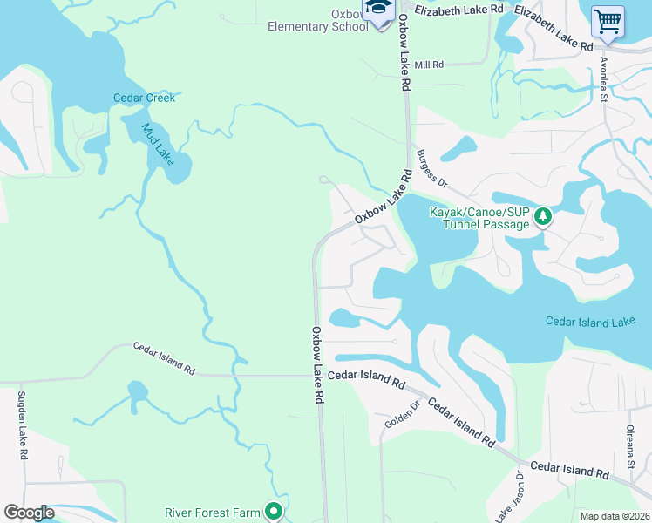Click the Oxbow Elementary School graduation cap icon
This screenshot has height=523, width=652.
click(378, 12)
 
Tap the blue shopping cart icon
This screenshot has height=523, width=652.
click(607, 21)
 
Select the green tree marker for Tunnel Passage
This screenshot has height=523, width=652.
click(543, 215)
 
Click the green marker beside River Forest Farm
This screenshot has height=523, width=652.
click(274, 512)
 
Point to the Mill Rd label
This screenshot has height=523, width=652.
click(429, 65)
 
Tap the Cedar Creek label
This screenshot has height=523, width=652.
click(144, 98)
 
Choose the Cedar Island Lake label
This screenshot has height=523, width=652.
click(590, 323)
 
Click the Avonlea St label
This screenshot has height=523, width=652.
click(603, 80)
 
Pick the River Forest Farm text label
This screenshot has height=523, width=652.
click(213, 512)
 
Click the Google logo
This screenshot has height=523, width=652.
click(29, 513)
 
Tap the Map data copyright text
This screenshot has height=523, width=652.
click(615, 516)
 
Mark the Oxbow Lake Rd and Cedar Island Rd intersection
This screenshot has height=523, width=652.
click(318, 376)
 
